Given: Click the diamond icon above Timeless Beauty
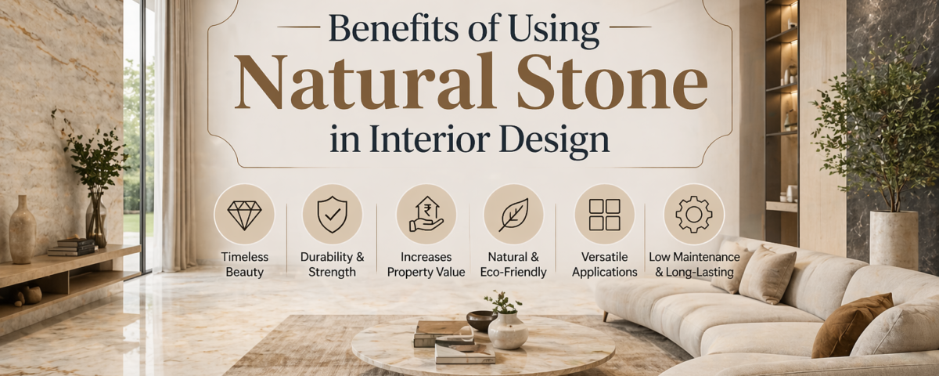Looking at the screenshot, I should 244,214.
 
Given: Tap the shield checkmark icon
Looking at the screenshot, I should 333,214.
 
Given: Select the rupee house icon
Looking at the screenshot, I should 426,214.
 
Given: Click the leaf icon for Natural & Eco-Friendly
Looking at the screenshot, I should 513,214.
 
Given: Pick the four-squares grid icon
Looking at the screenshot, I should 604,214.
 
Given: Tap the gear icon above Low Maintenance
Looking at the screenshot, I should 693,214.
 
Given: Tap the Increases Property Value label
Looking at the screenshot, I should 426,265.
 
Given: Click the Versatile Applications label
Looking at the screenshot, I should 604,265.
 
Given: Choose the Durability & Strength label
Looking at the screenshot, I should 333,265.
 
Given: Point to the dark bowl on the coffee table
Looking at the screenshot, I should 480,320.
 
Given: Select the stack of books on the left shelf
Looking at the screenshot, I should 71,247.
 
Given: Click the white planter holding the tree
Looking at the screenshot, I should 894,239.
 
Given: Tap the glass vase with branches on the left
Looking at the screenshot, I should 96,223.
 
